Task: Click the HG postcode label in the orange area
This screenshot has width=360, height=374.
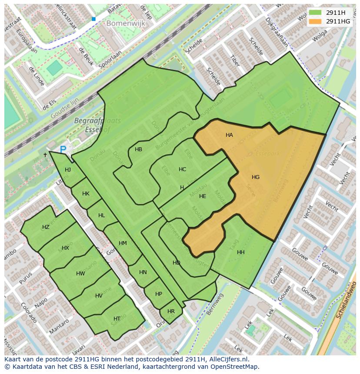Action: (x=255, y=177)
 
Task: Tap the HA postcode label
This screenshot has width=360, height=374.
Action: (x=229, y=135)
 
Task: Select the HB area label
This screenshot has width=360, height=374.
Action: (x=138, y=149)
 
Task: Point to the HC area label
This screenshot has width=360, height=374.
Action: (x=182, y=169)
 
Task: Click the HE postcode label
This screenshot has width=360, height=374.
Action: (x=203, y=196)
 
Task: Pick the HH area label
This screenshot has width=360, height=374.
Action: (x=240, y=252)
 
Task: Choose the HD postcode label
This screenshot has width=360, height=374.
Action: (x=176, y=263)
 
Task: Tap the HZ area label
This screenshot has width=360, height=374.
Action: (x=46, y=227)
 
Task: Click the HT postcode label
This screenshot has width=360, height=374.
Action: (x=117, y=319)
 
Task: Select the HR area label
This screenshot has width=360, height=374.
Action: (x=171, y=311)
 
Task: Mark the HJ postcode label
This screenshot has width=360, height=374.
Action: (x=68, y=170)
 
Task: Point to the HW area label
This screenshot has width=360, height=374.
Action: (x=80, y=274)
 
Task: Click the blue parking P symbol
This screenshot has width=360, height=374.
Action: (x=63, y=149)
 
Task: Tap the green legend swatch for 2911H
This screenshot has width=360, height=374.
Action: (x=316, y=13)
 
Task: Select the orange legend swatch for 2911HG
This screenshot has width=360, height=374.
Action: (x=316, y=21)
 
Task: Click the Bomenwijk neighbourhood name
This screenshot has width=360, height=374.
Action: (x=126, y=24)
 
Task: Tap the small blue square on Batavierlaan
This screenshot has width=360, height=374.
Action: (x=93, y=19)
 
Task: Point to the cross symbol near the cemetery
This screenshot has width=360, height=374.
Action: (x=45, y=155)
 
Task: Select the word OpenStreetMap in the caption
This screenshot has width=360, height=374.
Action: (x=233, y=367)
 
